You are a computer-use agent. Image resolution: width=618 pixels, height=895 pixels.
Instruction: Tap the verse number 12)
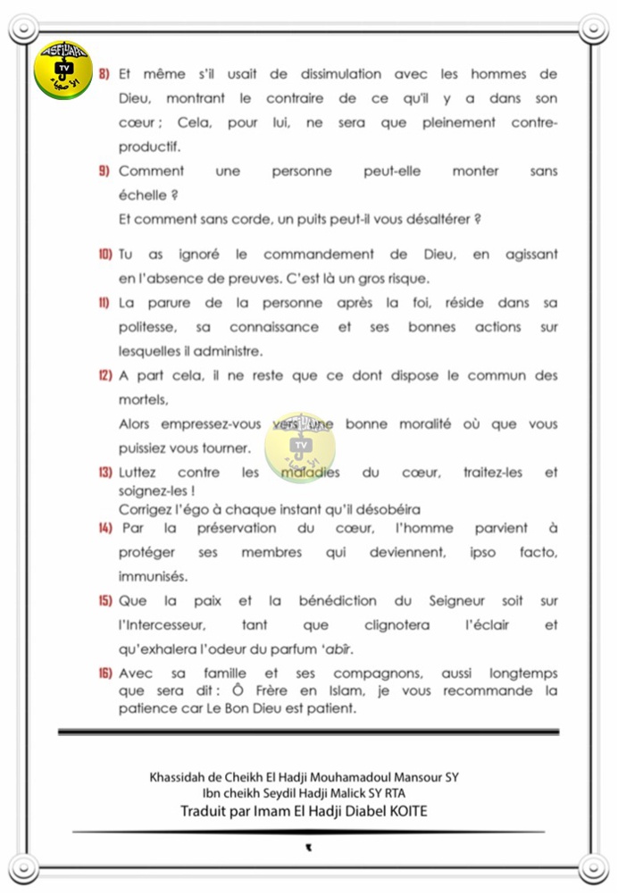pyautogui.click(x=104, y=376)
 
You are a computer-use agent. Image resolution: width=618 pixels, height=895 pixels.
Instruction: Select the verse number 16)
pyautogui.click(x=104, y=673)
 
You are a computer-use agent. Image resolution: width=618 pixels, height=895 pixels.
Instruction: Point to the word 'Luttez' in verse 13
pyautogui.click(x=139, y=472)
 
